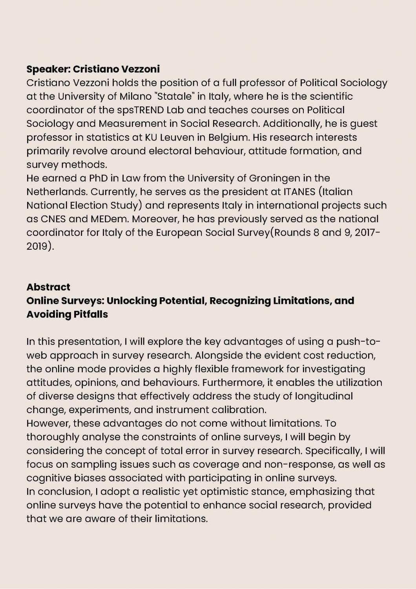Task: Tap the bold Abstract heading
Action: pyautogui.click(x=48, y=287)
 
